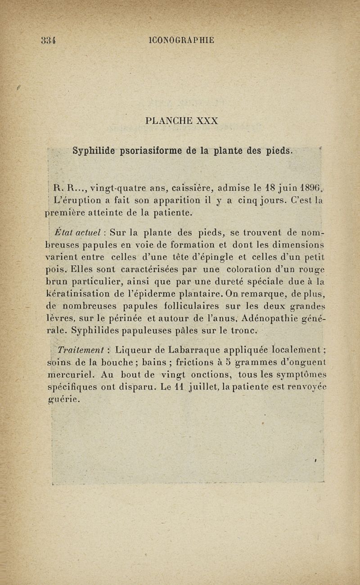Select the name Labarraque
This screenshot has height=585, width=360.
coord(177,350)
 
